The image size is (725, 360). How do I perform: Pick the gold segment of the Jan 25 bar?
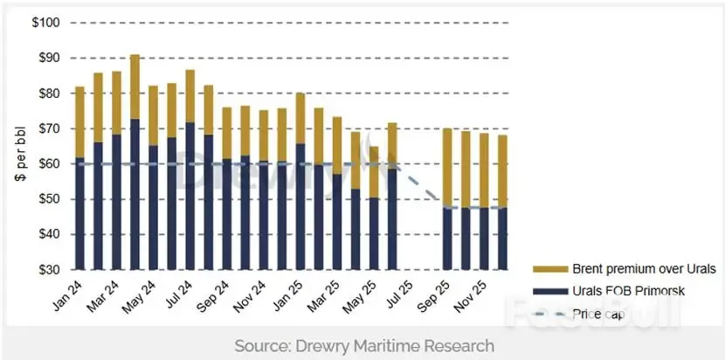(300, 118)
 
